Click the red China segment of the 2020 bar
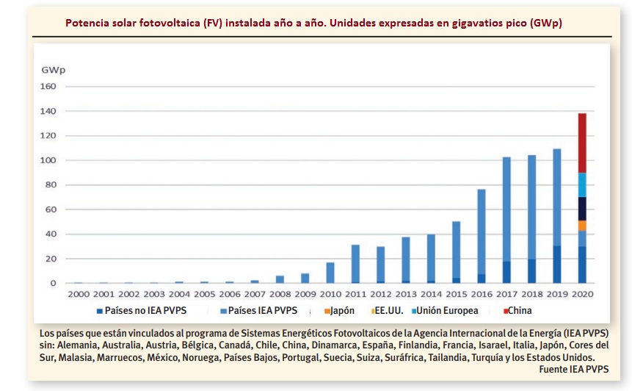click(582, 143)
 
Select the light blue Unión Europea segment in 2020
click(582, 185)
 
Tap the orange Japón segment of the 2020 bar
click(582, 226)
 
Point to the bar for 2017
click(506, 220)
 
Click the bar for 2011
click(355, 264)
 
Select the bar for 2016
click(482, 236)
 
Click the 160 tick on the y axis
click(48, 87)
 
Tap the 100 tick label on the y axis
click(48, 160)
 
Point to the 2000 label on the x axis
click(79, 294)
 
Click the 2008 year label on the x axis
click(280, 294)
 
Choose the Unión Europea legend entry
click(447, 311)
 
